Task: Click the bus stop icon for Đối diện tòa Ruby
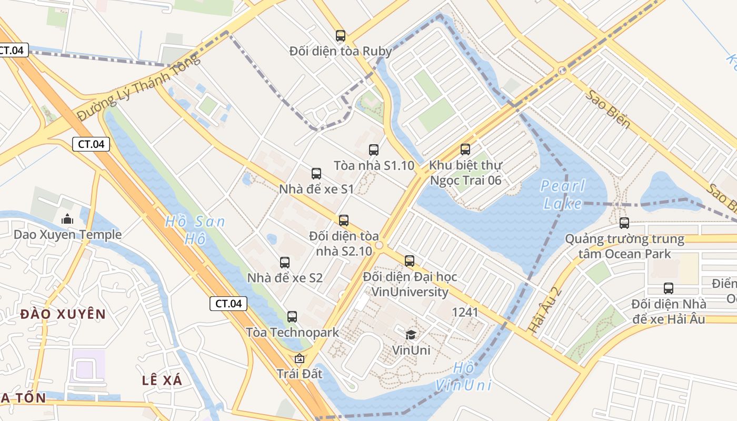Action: [x=341, y=36]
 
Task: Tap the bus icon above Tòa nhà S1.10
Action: [x=374, y=150]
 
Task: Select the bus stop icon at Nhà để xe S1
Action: [x=316, y=174]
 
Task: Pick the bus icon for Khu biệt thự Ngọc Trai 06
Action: [x=465, y=149]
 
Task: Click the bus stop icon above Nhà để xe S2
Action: [x=285, y=262]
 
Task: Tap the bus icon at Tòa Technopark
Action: [x=292, y=317]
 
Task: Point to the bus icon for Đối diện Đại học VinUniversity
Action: [x=410, y=260]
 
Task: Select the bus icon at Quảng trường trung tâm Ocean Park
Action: [x=624, y=223]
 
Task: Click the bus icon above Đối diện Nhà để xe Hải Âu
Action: [x=669, y=288]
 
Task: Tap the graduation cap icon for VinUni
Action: [x=411, y=335]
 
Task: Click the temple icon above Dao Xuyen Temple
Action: [x=67, y=219]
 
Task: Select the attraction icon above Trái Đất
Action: [x=300, y=358]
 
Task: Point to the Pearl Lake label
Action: [x=563, y=195]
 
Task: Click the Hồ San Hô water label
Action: [x=195, y=230]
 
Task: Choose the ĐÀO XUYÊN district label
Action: [x=63, y=315]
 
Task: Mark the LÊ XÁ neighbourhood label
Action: [x=162, y=380]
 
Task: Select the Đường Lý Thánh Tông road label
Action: [x=139, y=87]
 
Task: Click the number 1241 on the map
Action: [x=465, y=313]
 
